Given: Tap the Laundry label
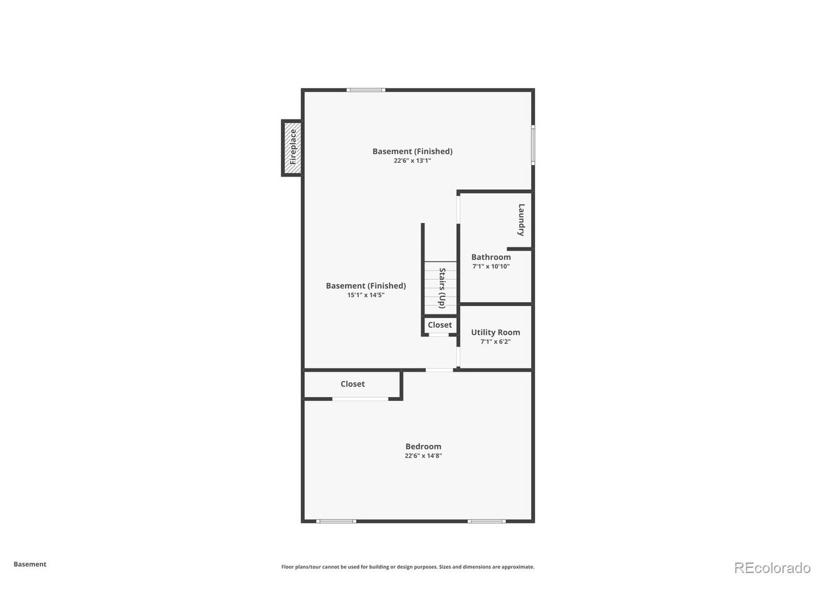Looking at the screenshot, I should pyautogui.click(x=521, y=220).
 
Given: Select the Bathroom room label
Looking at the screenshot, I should pyautogui.click(x=491, y=257).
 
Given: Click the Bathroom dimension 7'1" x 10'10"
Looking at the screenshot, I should pyautogui.click(x=491, y=266).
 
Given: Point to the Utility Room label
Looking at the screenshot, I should pyautogui.click(x=495, y=332).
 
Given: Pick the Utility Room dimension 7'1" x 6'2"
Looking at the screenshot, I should pyautogui.click(x=495, y=342).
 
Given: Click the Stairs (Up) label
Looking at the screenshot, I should pyautogui.click(x=441, y=288).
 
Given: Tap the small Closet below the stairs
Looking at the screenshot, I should pyautogui.click(x=440, y=325).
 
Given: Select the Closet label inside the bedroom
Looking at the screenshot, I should pyautogui.click(x=353, y=384).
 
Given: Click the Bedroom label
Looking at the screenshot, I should pyautogui.click(x=423, y=446).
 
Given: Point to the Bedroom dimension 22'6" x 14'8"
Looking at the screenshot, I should pyautogui.click(x=423, y=456).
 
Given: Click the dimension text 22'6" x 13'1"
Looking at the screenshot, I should pyautogui.click(x=412, y=161).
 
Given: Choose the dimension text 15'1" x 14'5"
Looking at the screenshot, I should pyautogui.click(x=365, y=295).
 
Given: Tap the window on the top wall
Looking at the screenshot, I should pyautogui.click(x=366, y=90).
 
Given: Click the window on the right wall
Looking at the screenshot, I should pyautogui.click(x=533, y=145).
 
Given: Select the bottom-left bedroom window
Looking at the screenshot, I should pyautogui.click(x=336, y=521).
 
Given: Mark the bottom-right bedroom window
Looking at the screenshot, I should pyautogui.click(x=486, y=521).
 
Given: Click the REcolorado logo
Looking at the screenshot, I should pyautogui.click(x=772, y=567).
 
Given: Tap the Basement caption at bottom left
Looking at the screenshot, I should pyautogui.click(x=30, y=564).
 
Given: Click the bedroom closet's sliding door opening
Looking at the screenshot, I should pyautogui.click(x=360, y=399).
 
